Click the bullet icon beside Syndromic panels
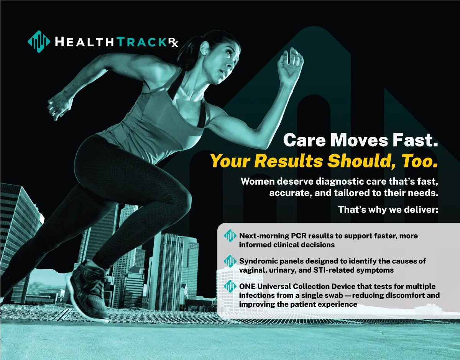[230, 261]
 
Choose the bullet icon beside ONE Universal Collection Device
[230, 286]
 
